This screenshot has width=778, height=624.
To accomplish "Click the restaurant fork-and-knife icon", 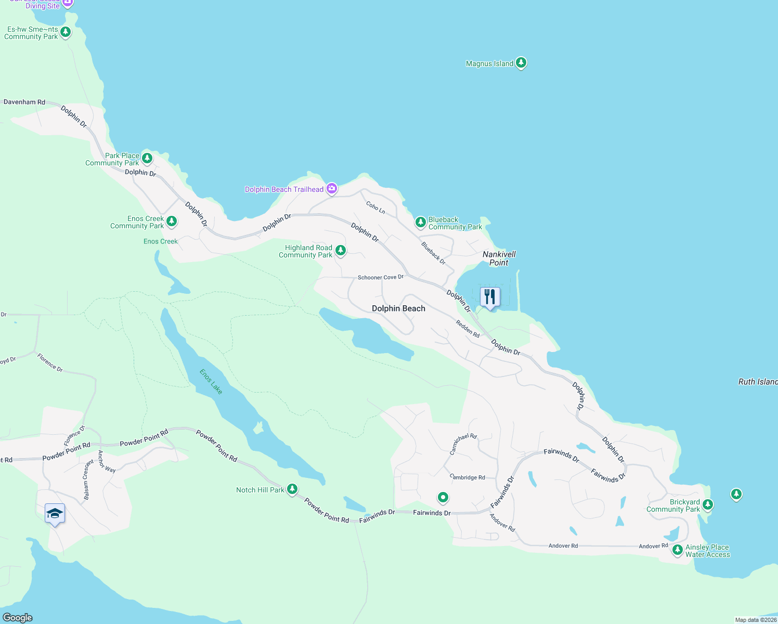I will (490, 297).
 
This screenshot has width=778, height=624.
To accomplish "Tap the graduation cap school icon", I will (55, 514).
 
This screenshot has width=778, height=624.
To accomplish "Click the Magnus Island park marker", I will (521, 63).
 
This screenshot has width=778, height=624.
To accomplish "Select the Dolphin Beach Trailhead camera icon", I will (332, 189).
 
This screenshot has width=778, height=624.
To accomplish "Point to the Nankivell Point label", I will (499, 258).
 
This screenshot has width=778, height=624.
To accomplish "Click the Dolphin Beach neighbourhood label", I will (398, 308).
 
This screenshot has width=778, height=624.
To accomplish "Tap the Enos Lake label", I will (211, 382).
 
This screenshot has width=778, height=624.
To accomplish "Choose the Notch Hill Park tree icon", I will (292, 489).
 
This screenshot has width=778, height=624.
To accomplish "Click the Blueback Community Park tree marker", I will (420, 223).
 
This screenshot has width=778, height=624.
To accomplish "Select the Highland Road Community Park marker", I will (341, 251).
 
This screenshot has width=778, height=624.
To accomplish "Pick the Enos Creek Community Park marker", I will (171, 222).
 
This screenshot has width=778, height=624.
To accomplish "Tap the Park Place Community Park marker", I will (147, 158).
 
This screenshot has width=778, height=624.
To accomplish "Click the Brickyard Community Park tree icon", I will (708, 504).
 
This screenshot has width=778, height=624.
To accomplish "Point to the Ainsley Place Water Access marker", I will (677, 550).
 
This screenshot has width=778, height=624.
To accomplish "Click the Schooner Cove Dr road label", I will (381, 277).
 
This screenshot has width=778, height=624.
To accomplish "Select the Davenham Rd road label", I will (24, 102).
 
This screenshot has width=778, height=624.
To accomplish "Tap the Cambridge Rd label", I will (468, 477).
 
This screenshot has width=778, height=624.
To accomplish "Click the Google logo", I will (18, 618).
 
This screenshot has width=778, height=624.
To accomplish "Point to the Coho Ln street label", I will (375, 208).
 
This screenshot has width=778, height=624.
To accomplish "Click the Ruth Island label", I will (758, 382).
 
